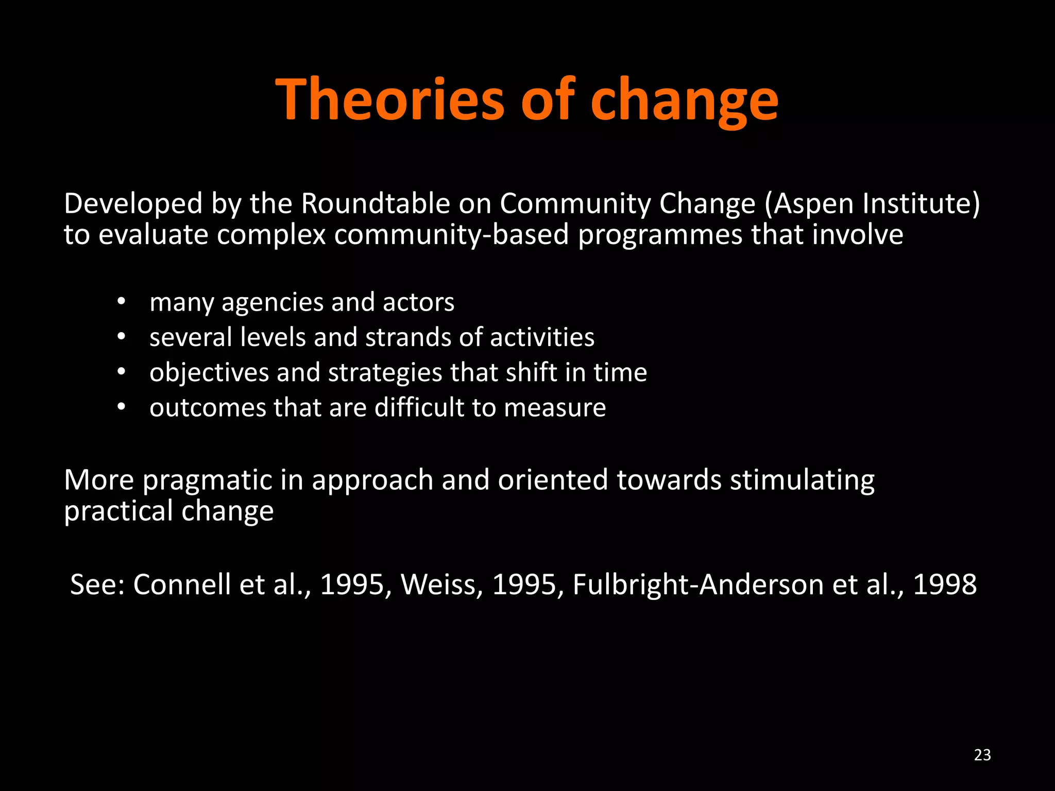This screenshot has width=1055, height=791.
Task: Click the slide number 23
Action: coord(982,755)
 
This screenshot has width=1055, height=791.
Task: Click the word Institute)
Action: coord(922,203)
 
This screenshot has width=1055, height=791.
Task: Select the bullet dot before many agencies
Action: coord(121,302)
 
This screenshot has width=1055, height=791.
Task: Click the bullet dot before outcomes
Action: coord(121,407)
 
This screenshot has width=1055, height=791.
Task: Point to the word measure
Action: coord(555,408)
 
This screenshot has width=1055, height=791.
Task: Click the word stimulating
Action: coord(802,480)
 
